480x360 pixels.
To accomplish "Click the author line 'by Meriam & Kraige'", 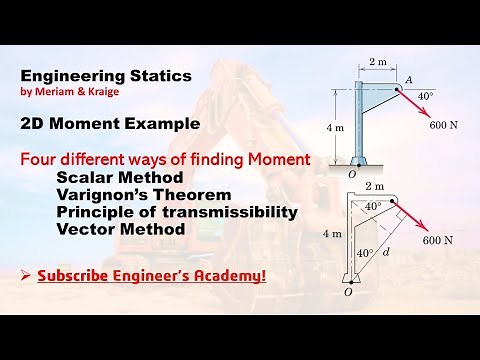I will pos(67,92).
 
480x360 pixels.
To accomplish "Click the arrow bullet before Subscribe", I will pos(25,273).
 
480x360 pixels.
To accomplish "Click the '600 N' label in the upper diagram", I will pos(444,125).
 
